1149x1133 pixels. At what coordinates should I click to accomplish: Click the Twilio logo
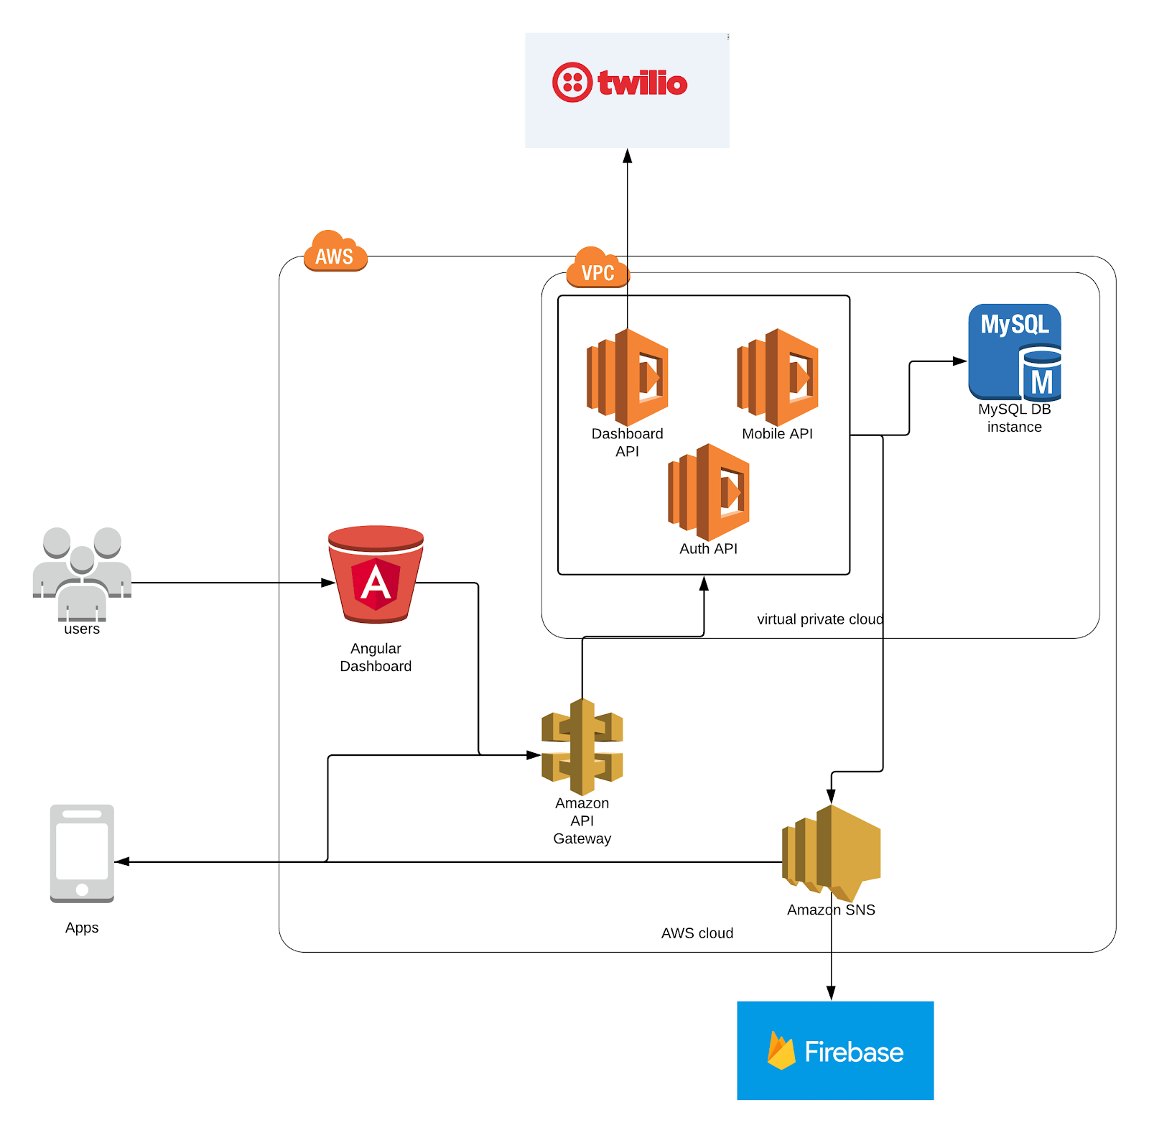click(620, 83)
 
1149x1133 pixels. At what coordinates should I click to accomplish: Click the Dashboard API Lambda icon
click(628, 377)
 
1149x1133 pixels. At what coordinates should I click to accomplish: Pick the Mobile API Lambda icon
click(778, 377)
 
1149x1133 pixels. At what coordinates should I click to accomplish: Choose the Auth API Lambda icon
click(709, 492)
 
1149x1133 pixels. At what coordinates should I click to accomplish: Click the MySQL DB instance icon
click(1015, 352)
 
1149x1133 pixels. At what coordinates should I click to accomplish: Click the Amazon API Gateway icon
click(582, 747)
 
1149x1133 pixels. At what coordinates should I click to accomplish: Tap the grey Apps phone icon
click(82, 853)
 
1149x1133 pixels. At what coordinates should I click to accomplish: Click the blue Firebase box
click(835, 1050)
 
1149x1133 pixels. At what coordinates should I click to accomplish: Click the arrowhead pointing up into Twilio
click(628, 155)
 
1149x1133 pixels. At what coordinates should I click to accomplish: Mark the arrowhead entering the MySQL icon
click(960, 361)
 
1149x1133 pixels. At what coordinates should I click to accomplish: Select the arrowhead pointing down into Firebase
click(831, 994)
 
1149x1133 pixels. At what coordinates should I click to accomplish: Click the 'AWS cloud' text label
click(697, 933)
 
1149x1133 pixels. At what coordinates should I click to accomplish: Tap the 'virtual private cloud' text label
click(820, 619)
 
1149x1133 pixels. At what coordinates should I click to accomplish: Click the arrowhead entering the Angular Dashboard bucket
click(328, 583)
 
